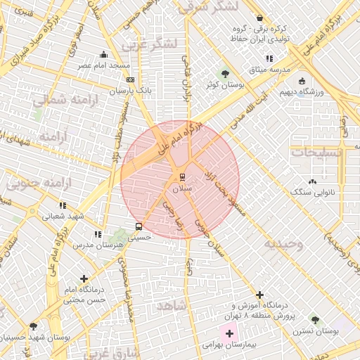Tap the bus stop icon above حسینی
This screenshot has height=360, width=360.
(x=139, y=226)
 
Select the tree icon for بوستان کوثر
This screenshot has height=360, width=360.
(x=225, y=72)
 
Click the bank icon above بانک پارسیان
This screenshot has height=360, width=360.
(x=130, y=80)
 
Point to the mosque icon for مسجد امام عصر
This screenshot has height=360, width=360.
(x=104, y=54)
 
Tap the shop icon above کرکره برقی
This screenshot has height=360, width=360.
(x=260, y=18)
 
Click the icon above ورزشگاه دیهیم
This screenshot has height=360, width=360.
(x=302, y=80)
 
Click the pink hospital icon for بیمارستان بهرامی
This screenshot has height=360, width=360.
(x=230, y=332)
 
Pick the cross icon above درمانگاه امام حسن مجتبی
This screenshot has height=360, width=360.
(x=84, y=278)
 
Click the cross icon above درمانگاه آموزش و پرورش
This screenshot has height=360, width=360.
(x=260, y=294)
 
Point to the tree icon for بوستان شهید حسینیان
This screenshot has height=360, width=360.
(x=33, y=326)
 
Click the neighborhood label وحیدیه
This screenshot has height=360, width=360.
(x=283, y=244)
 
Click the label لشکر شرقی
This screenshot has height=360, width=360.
(x=209, y=7)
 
